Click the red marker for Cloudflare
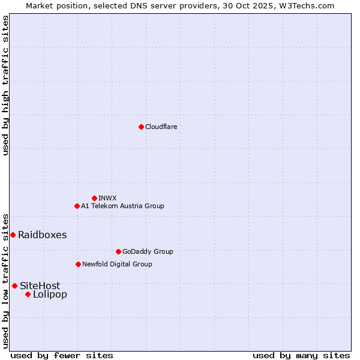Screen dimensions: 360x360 click(x=141, y=127)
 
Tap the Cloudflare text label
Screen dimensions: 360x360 click(x=161, y=127)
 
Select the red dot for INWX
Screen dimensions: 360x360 click(x=94, y=198)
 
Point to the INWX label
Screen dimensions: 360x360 click(x=107, y=198)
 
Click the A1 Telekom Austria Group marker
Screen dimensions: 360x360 click(x=77, y=206)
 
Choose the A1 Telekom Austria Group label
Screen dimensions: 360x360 click(x=122, y=206)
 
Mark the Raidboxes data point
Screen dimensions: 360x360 click(x=13, y=235)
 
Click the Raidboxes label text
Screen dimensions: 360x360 click(x=42, y=235)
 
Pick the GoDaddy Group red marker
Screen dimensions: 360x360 click(x=118, y=251)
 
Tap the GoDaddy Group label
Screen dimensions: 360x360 click(x=147, y=251)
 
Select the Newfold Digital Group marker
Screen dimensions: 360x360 click(x=78, y=264)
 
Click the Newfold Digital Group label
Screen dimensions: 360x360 click(x=117, y=264)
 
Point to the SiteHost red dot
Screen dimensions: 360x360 click(x=14, y=286)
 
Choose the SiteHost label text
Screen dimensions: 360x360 click(x=40, y=286)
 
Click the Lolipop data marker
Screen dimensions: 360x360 click(x=28, y=294)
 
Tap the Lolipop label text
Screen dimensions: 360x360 click(x=50, y=294)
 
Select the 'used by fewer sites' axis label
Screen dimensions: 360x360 click(x=62, y=355)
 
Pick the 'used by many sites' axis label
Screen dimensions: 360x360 click(x=301, y=355)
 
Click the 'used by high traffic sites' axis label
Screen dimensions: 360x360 click(x=5, y=85)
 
